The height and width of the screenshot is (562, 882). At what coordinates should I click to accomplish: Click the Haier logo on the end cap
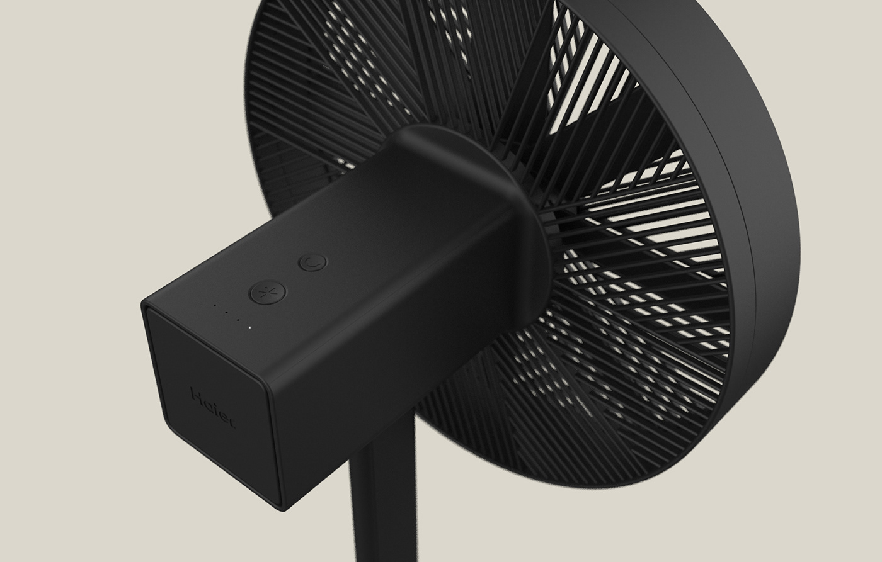[213, 408]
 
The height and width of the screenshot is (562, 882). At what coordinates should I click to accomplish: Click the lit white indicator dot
[249, 327]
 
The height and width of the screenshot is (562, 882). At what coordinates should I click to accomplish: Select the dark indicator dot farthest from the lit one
[215, 306]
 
